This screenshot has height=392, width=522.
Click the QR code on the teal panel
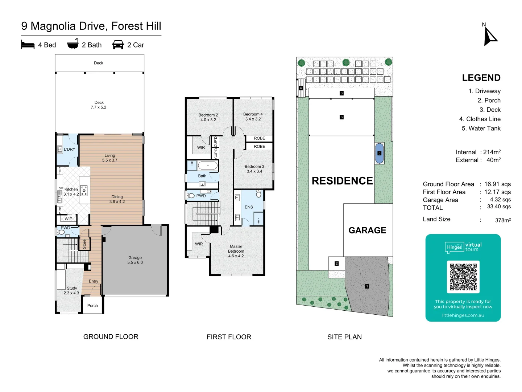click(463, 277)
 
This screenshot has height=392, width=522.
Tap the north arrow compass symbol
click(490, 37)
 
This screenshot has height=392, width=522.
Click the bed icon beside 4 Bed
click(28, 45)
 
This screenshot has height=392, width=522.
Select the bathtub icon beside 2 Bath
click(72, 44)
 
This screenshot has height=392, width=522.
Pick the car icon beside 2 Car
click(118, 45)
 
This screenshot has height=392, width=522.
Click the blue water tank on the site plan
click(379, 153)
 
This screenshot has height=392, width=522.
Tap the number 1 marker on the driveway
click(367, 286)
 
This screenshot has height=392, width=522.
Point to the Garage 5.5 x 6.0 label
click(135, 260)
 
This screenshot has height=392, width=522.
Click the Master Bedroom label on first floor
click(236, 251)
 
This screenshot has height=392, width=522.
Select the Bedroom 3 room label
click(254, 169)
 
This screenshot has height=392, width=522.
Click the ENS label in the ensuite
click(249, 207)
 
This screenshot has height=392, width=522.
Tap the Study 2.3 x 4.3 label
click(71, 290)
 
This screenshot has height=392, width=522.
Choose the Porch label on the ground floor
click(92, 306)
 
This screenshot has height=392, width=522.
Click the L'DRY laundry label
click(70, 149)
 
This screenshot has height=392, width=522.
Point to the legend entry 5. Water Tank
click(481, 128)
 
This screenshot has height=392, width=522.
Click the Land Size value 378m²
click(503, 220)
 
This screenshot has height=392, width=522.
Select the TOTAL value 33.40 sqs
click(499, 207)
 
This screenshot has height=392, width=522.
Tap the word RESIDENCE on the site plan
click(342, 181)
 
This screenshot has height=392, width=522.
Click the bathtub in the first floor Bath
click(208, 166)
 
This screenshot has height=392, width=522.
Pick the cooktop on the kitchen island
click(84, 189)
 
